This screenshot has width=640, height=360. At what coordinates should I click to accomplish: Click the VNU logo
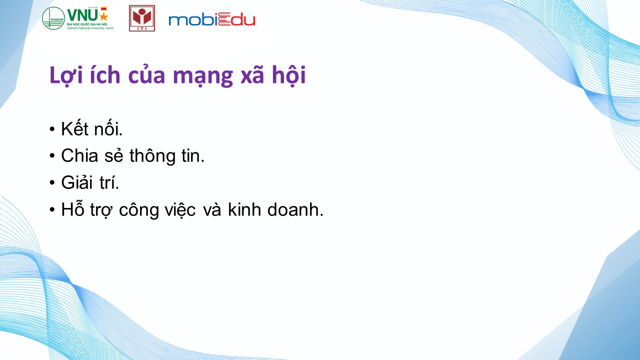(77, 18)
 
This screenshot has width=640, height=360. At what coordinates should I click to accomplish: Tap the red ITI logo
(142, 18)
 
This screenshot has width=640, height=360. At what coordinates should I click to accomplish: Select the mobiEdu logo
(211, 19)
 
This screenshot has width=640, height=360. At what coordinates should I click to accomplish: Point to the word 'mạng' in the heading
(203, 76)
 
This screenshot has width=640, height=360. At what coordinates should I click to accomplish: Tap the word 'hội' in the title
(289, 75)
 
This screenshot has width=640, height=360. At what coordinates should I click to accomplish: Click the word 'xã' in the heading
(252, 75)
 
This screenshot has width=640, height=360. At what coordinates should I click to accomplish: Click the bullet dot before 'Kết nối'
(51, 129)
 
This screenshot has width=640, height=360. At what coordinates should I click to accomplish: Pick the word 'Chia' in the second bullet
(79, 155)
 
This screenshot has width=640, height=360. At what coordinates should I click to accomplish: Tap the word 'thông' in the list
(152, 156)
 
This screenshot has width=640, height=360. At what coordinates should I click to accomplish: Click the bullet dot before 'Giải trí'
(51, 182)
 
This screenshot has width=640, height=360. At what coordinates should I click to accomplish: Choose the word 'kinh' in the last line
(244, 209)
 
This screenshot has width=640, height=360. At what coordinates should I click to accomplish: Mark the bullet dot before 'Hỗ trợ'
(51, 209)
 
